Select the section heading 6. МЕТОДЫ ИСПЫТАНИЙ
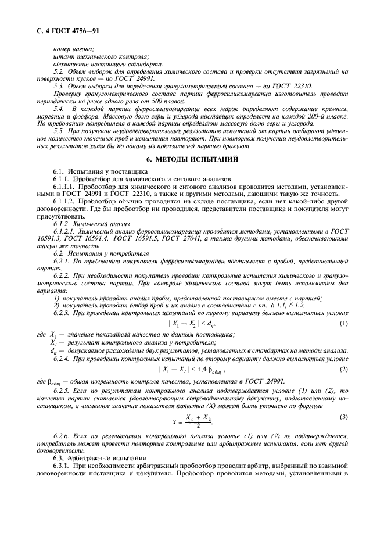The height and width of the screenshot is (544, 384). click(191, 159)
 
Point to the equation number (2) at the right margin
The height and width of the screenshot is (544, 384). click(344, 369)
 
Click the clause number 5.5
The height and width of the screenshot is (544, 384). click(59, 131)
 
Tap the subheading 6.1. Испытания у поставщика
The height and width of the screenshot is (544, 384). click(93, 172)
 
